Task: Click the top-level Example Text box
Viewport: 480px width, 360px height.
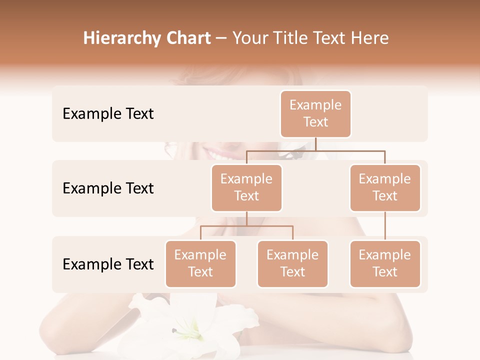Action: (315, 113)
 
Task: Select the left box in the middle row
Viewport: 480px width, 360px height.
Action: (246, 187)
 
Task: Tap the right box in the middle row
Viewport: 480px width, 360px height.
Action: (385, 187)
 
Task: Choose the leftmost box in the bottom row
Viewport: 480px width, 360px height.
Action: (200, 263)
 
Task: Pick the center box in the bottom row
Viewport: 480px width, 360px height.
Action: (292, 263)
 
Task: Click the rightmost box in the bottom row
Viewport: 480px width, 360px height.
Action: (385, 263)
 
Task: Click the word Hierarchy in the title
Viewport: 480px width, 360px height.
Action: (122, 38)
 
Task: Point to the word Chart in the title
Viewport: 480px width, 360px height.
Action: (188, 38)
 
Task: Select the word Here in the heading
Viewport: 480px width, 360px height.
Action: (370, 38)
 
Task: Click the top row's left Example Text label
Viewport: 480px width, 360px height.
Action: (108, 114)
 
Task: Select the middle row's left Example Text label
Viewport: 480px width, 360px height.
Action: (108, 188)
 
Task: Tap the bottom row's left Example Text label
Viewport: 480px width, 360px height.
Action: (108, 264)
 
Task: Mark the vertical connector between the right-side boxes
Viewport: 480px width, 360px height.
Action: (385, 226)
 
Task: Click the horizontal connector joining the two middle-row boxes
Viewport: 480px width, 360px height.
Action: (315, 150)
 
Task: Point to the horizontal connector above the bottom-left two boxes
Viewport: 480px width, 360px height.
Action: (246, 226)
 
